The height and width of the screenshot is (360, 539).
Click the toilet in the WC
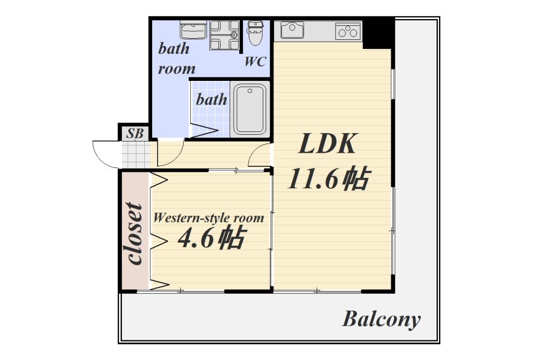[x=255, y=34]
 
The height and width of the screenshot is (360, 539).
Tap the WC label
[x=254, y=62]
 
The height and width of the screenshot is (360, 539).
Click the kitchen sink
[x=292, y=30]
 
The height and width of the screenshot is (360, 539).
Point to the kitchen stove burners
[x=348, y=31]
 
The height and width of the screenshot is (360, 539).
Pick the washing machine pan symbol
[x=225, y=35]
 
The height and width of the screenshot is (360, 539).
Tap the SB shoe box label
[x=135, y=134]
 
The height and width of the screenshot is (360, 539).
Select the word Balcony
[x=381, y=320]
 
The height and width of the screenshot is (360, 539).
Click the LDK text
[x=327, y=145]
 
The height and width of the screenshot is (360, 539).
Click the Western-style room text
[x=208, y=218]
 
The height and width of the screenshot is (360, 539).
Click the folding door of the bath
[x=204, y=131]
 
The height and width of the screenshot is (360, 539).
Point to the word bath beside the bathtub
[x=211, y=100]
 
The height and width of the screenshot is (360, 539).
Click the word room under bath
[x=176, y=69]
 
